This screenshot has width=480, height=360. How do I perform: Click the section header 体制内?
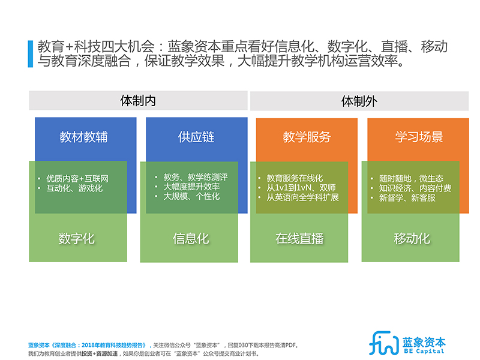pyautogui.click(x=138, y=100)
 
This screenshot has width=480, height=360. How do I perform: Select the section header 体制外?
pyautogui.click(x=359, y=101)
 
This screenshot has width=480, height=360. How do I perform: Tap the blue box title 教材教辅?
pyautogui.click(x=83, y=137)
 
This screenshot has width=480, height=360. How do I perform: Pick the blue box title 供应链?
pyautogui.click(x=196, y=137)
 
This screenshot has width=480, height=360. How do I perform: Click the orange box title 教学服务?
pyautogui.click(x=307, y=137)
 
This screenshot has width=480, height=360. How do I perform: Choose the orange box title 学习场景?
pyautogui.click(x=419, y=137)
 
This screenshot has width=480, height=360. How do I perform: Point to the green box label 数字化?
pyautogui.click(x=77, y=238)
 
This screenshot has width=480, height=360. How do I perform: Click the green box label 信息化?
pyautogui.click(x=191, y=238)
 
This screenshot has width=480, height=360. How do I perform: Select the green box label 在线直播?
pyautogui.click(x=299, y=238)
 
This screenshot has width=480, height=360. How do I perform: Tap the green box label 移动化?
pyautogui.click(x=412, y=238)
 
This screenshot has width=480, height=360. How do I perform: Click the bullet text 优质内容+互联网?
pyautogui.click(x=77, y=178)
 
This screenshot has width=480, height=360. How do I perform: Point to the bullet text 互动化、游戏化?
pyautogui.click(x=74, y=188)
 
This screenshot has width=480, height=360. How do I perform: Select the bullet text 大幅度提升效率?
pyautogui.click(x=191, y=187)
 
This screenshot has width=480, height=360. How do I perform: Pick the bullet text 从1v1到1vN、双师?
pyautogui.click(x=301, y=187)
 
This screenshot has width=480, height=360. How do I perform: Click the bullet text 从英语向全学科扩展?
pyautogui.click(x=303, y=197)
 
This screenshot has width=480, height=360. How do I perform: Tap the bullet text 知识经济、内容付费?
pyautogui.click(x=415, y=188)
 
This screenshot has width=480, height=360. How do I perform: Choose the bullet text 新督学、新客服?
pyautogui.click(x=407, y=198)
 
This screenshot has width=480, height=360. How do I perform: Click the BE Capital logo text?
pyautogui.click(x=424, y=351)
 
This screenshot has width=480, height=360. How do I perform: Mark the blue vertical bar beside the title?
pyautogui.click(x=31, y=54)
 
